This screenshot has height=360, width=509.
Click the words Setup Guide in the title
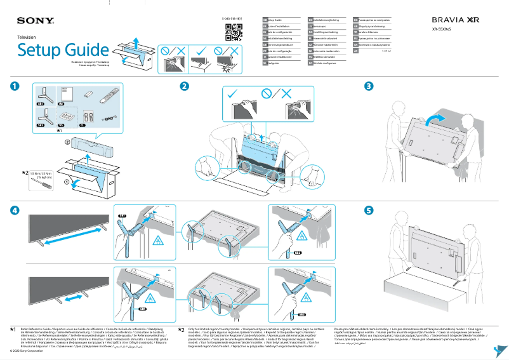63,50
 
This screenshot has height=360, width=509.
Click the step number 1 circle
14,86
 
